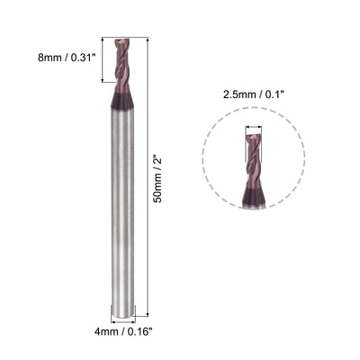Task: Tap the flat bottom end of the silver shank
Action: click(122, 316)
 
